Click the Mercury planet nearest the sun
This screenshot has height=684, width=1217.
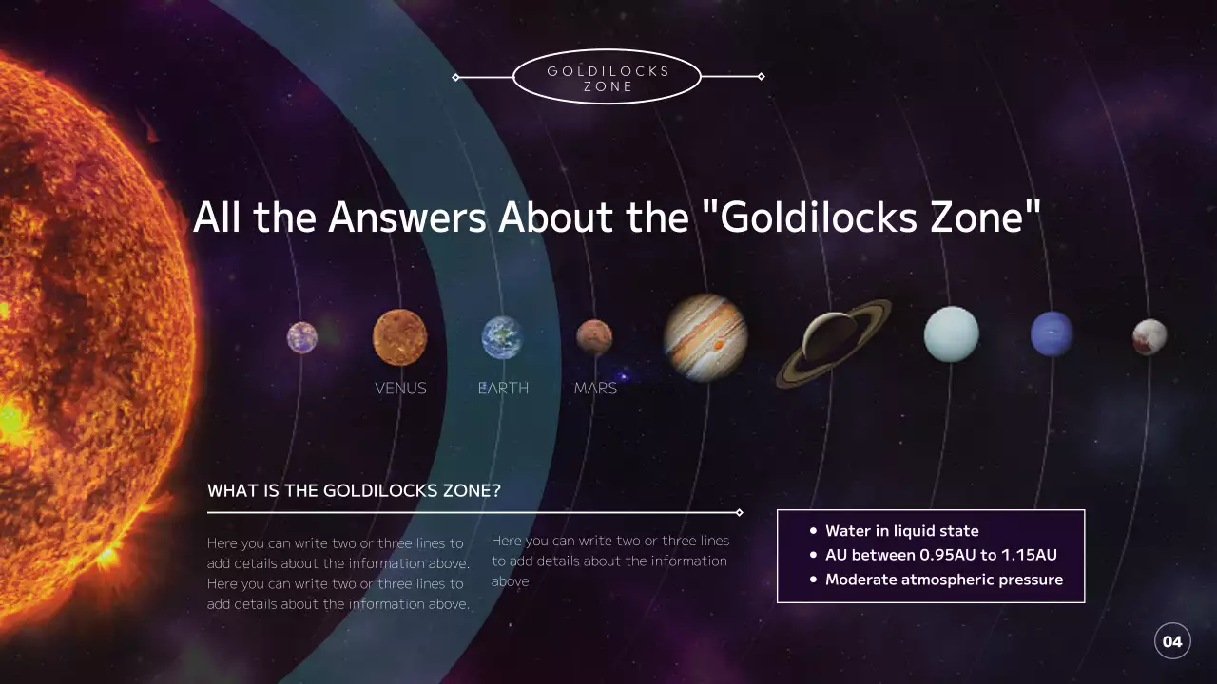click(301, 337)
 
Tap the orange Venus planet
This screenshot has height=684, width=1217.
click(399, 337)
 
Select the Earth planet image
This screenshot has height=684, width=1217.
click(502, 337)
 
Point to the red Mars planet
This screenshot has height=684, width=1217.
click(594, 337)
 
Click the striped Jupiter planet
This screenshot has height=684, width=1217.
click(705, 337)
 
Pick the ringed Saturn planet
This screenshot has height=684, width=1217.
click(834, 342)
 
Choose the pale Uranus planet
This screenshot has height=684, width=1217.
click(951, 334)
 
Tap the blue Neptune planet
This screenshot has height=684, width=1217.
click(1052, 334)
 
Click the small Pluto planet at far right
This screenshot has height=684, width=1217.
click(1149, 337)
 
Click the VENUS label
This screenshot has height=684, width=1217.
click(400, 389)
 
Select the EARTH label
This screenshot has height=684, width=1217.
click(503, 389)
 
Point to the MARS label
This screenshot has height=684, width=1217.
click(595, 389)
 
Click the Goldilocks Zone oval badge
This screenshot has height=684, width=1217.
click(608, 78)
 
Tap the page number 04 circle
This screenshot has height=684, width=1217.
click(1172, 641)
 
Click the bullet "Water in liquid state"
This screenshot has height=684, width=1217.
click(901, 531)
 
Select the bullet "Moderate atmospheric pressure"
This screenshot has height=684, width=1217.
click(943, 579)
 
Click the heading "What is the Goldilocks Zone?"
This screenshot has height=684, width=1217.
click(354, 491)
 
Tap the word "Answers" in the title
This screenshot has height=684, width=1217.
click(408, 218)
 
